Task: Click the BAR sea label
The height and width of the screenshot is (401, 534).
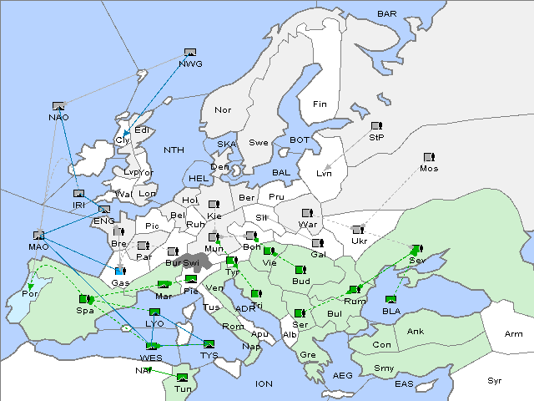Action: click(x=387, y=14)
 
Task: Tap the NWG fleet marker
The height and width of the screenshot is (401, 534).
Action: click(x=190, y=53)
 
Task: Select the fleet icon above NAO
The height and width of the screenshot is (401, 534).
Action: click(x=58, y=106)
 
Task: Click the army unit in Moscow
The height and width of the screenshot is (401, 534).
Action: click(x=429, y=157)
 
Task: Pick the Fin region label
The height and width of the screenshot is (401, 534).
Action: click(x=320, y=104)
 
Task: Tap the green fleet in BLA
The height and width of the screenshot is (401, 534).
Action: click(x=390, y=299)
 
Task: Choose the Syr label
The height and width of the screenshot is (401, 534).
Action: click(x=496, y=380)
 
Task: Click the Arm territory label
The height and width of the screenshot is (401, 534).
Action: click(x=513, y=334)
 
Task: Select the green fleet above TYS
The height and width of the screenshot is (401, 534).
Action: click(x=209, y=343)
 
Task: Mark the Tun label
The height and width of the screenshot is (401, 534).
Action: click(x=183, y=388)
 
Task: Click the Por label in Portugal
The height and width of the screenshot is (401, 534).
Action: click(x=30, y=294)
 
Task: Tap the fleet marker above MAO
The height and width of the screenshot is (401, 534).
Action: click(x=38, y=236)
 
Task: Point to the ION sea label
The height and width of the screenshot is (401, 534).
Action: click(x=264, y=383)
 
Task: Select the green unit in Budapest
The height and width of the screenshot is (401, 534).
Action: click(x=300, y=270)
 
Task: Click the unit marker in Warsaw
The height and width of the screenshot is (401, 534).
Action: click(x=307, y=213)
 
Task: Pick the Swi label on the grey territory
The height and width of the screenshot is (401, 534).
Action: click(x=191, y=262)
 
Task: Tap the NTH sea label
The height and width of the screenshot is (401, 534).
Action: click(x=174, y=150)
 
